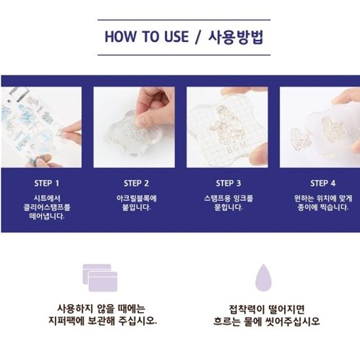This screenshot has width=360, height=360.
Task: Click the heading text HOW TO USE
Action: (147, 37)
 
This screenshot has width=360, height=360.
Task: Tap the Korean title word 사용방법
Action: (236, 37)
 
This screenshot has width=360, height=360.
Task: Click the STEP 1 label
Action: (47, 183)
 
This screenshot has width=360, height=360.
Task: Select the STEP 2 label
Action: (136, 183)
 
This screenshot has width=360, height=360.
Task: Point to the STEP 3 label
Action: (228, 183)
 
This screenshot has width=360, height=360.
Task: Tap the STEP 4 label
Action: (323, 183)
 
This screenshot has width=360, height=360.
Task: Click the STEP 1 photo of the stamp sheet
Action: (41, 127)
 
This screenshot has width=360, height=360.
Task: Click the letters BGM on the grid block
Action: (237, 148)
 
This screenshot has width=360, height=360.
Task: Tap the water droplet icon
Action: (264, 278)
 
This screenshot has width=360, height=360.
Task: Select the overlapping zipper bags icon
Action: (100, 278)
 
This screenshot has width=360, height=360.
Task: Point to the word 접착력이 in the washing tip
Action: (247, 309)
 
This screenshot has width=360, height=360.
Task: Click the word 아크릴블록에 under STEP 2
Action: (137, 198)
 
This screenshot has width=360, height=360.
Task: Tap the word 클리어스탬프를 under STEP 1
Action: (47, 207)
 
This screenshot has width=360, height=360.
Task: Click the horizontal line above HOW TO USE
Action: (184, 20)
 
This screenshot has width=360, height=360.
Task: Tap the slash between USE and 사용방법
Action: (198, 37)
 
